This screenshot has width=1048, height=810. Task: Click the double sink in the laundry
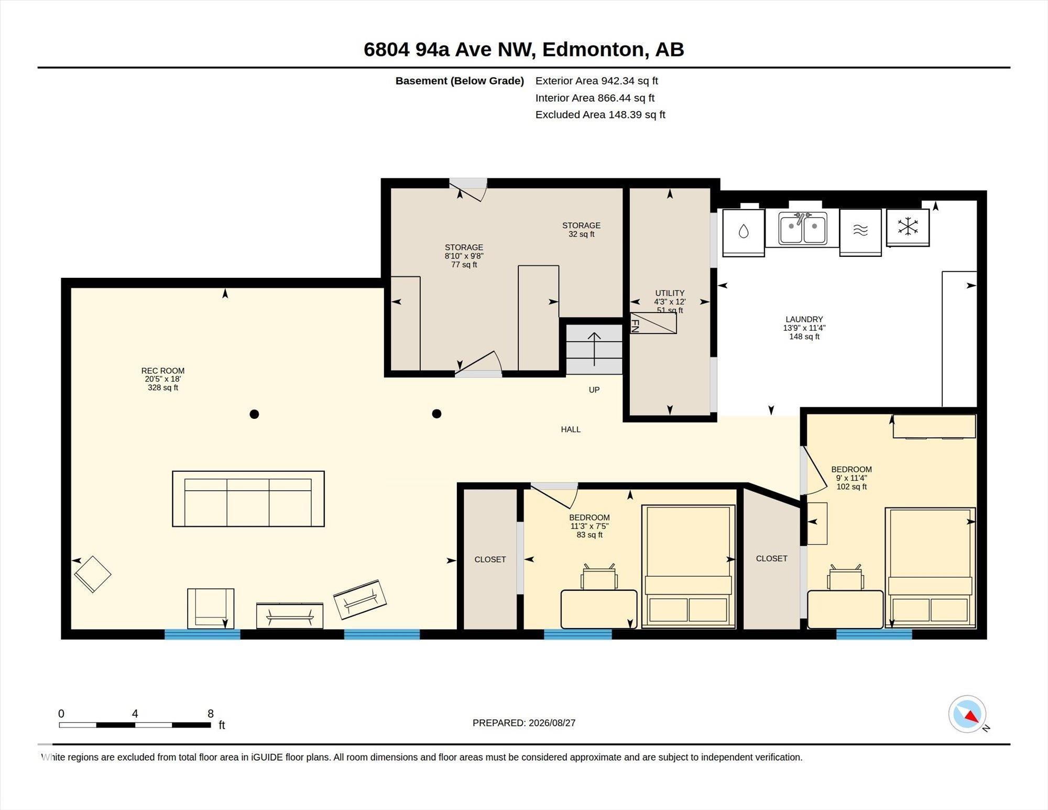(x=802, y=228)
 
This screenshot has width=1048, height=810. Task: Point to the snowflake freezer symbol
(x=908, y=227)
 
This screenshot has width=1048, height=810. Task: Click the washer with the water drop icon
(x=743, y=232)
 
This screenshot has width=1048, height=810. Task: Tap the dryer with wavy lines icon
(x=860, y=232)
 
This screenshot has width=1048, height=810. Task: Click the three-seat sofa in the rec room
(x=248, y=499)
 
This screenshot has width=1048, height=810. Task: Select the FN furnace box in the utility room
(x=653, y=323)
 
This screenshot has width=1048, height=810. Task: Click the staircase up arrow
(x=594, y=349)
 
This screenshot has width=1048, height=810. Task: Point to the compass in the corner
(x=967, y=714)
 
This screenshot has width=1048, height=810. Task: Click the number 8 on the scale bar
(x=211, y=714)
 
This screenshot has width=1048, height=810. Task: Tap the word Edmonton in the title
(x=593, y=49)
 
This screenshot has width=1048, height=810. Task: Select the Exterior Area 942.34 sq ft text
(x=596, y=81)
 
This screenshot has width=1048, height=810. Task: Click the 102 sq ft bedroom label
(x=851, y=487)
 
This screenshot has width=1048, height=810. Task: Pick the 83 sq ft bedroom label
(x=589, y=535)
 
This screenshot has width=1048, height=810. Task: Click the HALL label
(x=571, y=429)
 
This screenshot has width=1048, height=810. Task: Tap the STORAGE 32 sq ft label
(x=581, y=230)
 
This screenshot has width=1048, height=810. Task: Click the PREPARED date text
(x=524, y=723)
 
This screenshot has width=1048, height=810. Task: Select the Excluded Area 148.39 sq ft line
(x=600, y=114)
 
